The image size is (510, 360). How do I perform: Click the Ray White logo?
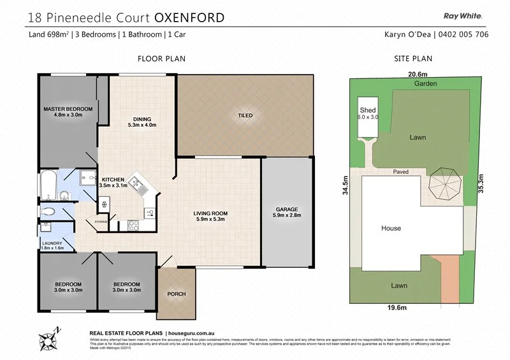pos(462,17)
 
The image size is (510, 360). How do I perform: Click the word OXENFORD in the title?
pos(188,17)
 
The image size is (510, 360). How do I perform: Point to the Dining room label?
pos(142,122)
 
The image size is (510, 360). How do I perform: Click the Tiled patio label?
pos(245,115)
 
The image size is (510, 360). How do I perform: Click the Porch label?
pos(176,294)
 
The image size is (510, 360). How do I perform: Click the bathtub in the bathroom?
pos(48,185)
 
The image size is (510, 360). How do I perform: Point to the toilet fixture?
pos(48,212)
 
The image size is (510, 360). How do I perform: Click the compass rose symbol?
pos(49,335)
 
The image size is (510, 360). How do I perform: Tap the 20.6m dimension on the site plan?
pos(418,74)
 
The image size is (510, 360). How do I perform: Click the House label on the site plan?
pos(391,228)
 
